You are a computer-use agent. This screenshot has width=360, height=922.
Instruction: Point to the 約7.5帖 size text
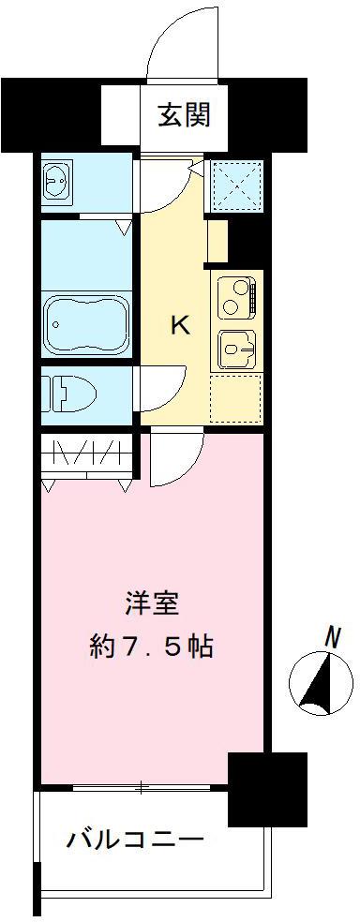click(153, 646)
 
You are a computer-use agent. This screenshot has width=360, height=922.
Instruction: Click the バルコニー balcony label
click(134, 838)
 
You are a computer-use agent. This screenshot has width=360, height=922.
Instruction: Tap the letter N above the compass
click(331, 638)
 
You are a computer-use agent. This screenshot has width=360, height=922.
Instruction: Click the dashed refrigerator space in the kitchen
click(234, 399)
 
